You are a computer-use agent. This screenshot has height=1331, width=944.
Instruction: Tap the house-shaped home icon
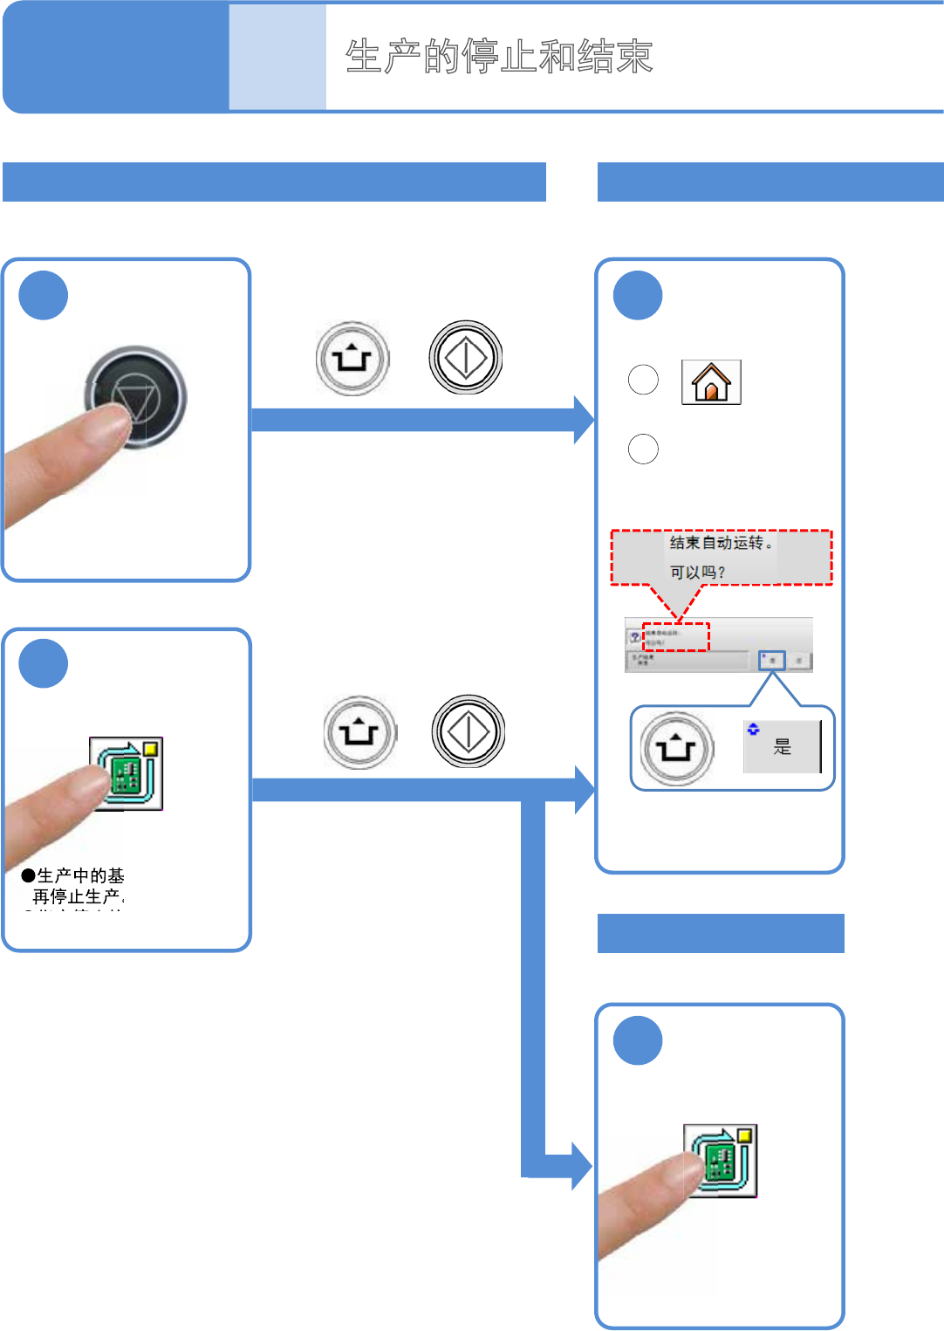711,382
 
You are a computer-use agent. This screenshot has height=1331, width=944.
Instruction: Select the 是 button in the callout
782,747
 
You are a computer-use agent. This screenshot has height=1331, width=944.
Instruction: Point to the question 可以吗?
697,573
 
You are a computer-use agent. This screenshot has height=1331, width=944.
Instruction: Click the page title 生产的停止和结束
499,57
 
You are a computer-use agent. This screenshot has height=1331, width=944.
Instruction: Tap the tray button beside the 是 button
677,749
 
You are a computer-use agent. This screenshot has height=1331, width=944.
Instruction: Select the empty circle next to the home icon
643,380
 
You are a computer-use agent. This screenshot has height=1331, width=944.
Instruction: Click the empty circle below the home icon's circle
643,449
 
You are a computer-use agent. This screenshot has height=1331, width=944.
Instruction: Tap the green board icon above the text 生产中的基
127,773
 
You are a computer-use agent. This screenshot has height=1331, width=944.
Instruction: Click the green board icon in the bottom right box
721,1161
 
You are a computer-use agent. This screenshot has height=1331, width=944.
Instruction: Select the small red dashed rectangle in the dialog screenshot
676,636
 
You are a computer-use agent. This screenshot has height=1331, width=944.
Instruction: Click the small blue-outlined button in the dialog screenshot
772,661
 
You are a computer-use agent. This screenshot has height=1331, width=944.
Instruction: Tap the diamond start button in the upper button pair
466,357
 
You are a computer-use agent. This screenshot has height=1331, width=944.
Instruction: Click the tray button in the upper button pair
352,358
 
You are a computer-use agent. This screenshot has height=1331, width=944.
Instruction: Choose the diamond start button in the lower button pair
469,731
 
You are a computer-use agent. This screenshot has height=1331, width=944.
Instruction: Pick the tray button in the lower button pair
359,731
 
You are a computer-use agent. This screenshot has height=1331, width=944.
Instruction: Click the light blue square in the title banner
277,57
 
